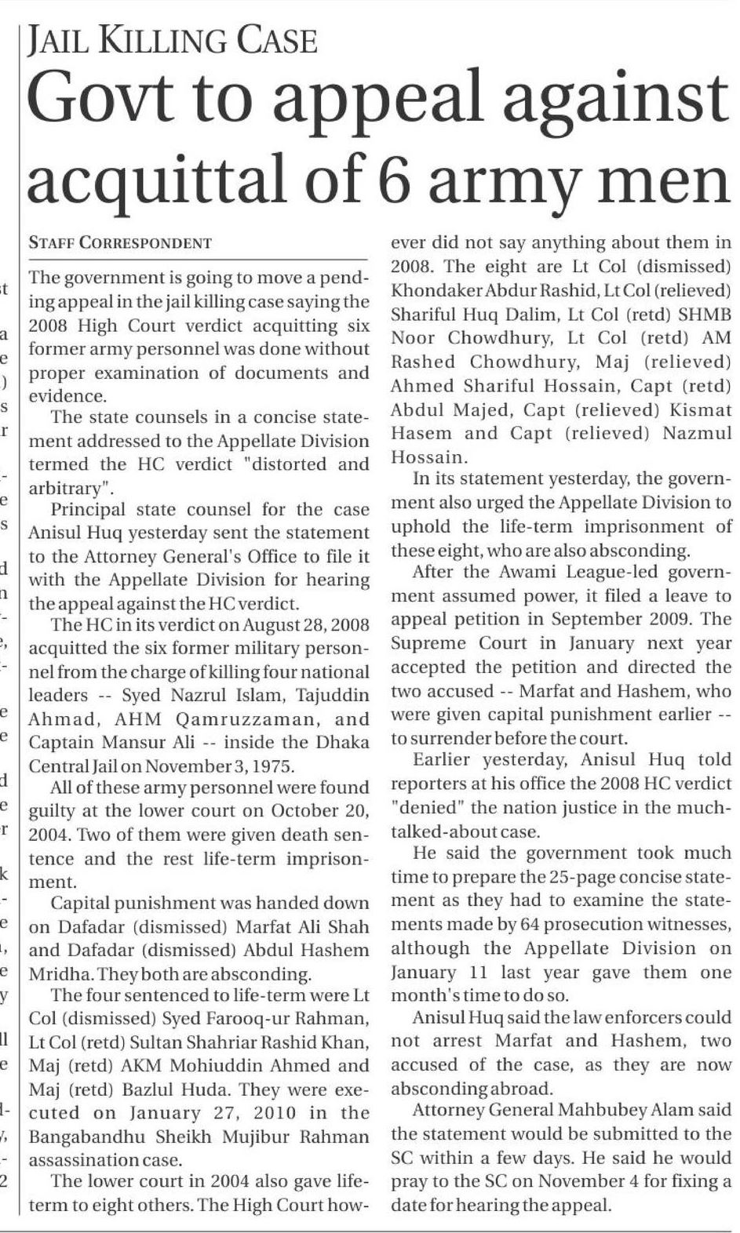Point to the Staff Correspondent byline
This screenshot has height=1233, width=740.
pyautogui.click(x=120, y=243)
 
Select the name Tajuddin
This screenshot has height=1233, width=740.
pyautogui.click(x=332, y=695)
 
